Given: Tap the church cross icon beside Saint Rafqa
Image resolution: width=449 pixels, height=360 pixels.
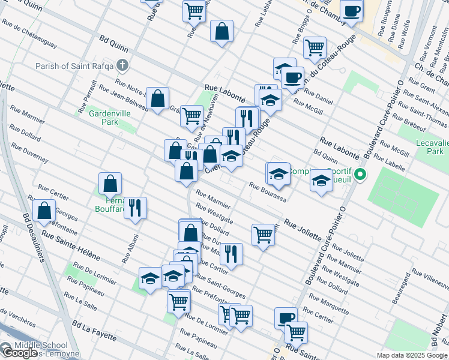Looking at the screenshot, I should [x=122, y=65].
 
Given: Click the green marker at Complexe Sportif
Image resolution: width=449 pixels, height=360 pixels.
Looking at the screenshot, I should [x=360, y=175].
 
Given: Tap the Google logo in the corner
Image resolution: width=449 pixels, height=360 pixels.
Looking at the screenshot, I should [x=19, y=353].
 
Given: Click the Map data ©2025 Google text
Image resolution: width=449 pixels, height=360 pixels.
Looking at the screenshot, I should [x=412, y=355].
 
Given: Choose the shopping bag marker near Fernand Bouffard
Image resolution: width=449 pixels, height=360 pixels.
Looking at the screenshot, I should [x=110, y=183].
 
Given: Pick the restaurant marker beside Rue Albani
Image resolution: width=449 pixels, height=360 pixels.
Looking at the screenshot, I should [x=136, y=208].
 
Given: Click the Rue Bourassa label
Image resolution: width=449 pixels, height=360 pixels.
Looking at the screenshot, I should [x=267, y=191].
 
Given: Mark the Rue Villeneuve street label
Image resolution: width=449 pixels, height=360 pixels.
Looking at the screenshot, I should [x=429, y=278].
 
